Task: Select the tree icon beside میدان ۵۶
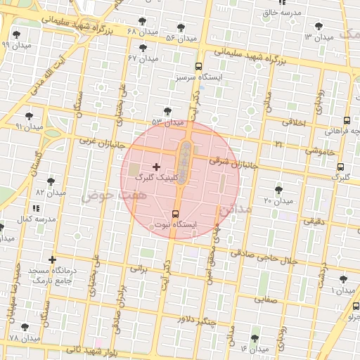181,27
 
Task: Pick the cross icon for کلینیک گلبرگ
156,167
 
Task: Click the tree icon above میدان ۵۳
167,111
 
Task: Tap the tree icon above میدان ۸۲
51,181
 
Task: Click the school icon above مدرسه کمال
36,209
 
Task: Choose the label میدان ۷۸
24,339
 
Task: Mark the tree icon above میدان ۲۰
280,189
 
